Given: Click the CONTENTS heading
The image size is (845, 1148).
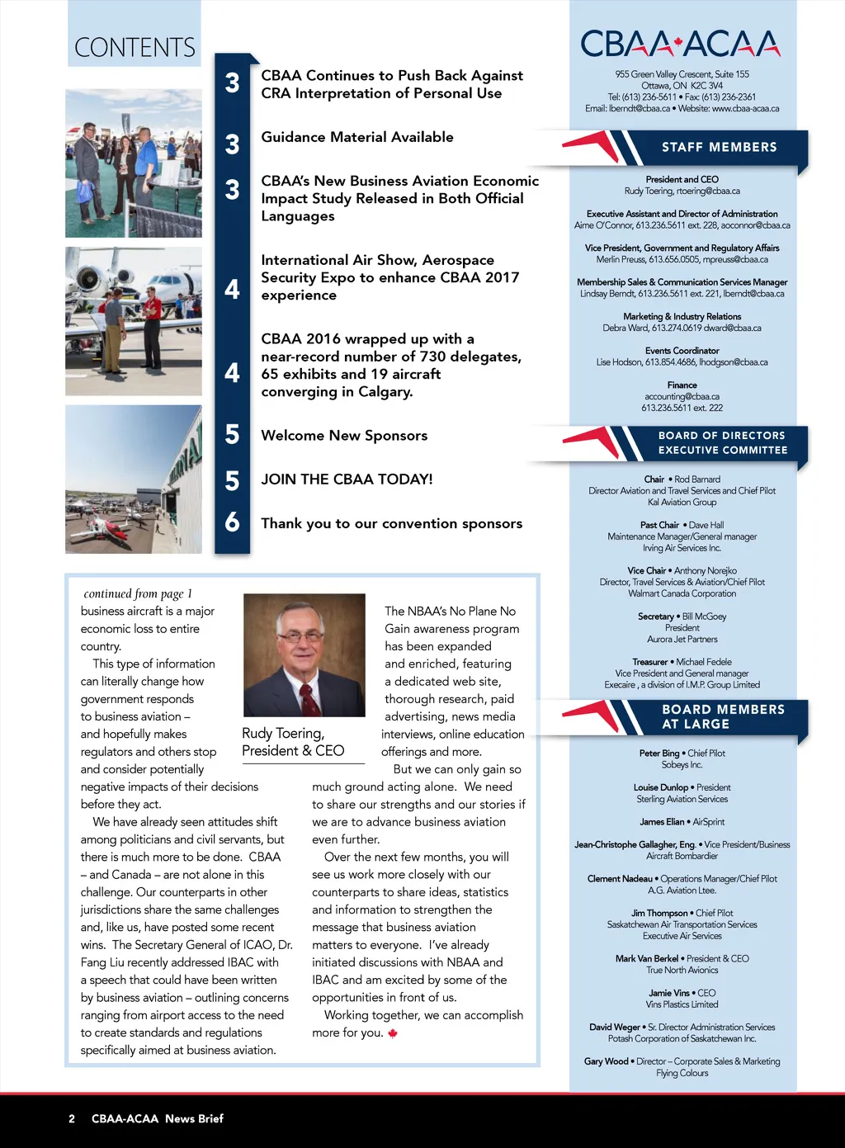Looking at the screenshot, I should (x=135, y=48).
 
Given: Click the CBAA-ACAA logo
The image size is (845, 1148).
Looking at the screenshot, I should (x=681, y=44).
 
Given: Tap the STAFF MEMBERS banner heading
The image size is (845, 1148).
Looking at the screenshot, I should (x=719, y=148).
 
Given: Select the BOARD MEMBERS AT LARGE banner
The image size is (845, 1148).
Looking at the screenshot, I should (x=723, y=716).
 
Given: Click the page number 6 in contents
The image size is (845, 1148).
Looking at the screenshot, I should (x=232, y=522).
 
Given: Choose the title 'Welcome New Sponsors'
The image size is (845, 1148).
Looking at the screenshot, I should (x=344, y=436).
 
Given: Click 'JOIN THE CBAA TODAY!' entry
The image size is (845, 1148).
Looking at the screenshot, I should (x=347, y=480).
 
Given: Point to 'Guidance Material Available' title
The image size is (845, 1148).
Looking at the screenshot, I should (x=357, y=137).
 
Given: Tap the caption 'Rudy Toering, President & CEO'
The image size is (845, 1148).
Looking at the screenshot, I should (x=293, y=742).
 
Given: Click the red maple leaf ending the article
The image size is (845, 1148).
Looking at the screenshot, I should (x=393, y=1033).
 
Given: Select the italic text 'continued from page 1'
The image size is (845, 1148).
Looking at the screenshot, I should (x=138, y=593).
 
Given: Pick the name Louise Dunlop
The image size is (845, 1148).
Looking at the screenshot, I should (x=661, y=787).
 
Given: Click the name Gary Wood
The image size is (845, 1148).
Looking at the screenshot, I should (x=606, y=1061).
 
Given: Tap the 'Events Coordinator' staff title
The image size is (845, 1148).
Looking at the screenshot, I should (x=682, y=351).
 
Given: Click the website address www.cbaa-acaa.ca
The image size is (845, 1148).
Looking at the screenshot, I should (x=745, y=108).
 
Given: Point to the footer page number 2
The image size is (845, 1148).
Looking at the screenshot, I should (x=72, y=1119).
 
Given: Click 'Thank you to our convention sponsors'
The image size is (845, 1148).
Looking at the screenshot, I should (x=391, y=523).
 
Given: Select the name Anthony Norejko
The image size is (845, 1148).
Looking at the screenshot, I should (x=705, y=570).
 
